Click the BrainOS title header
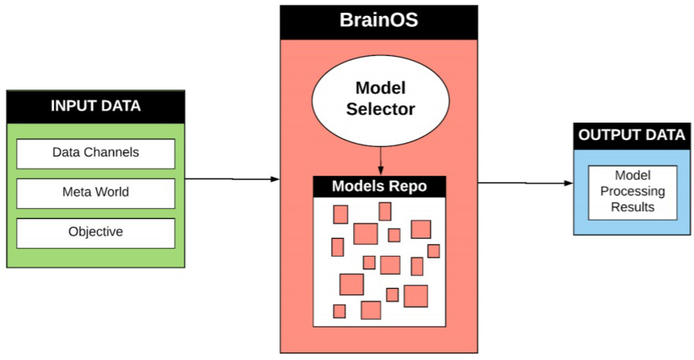point(379,22)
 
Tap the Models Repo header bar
point(379,186)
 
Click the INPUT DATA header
point(95,107)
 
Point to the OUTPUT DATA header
point(632,136)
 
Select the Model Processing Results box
point(632,192)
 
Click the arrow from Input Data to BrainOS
point(232,179)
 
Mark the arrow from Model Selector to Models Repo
point(380,161)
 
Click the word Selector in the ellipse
point(380,109)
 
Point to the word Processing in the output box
point(632,191)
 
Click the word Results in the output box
point(632,207)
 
